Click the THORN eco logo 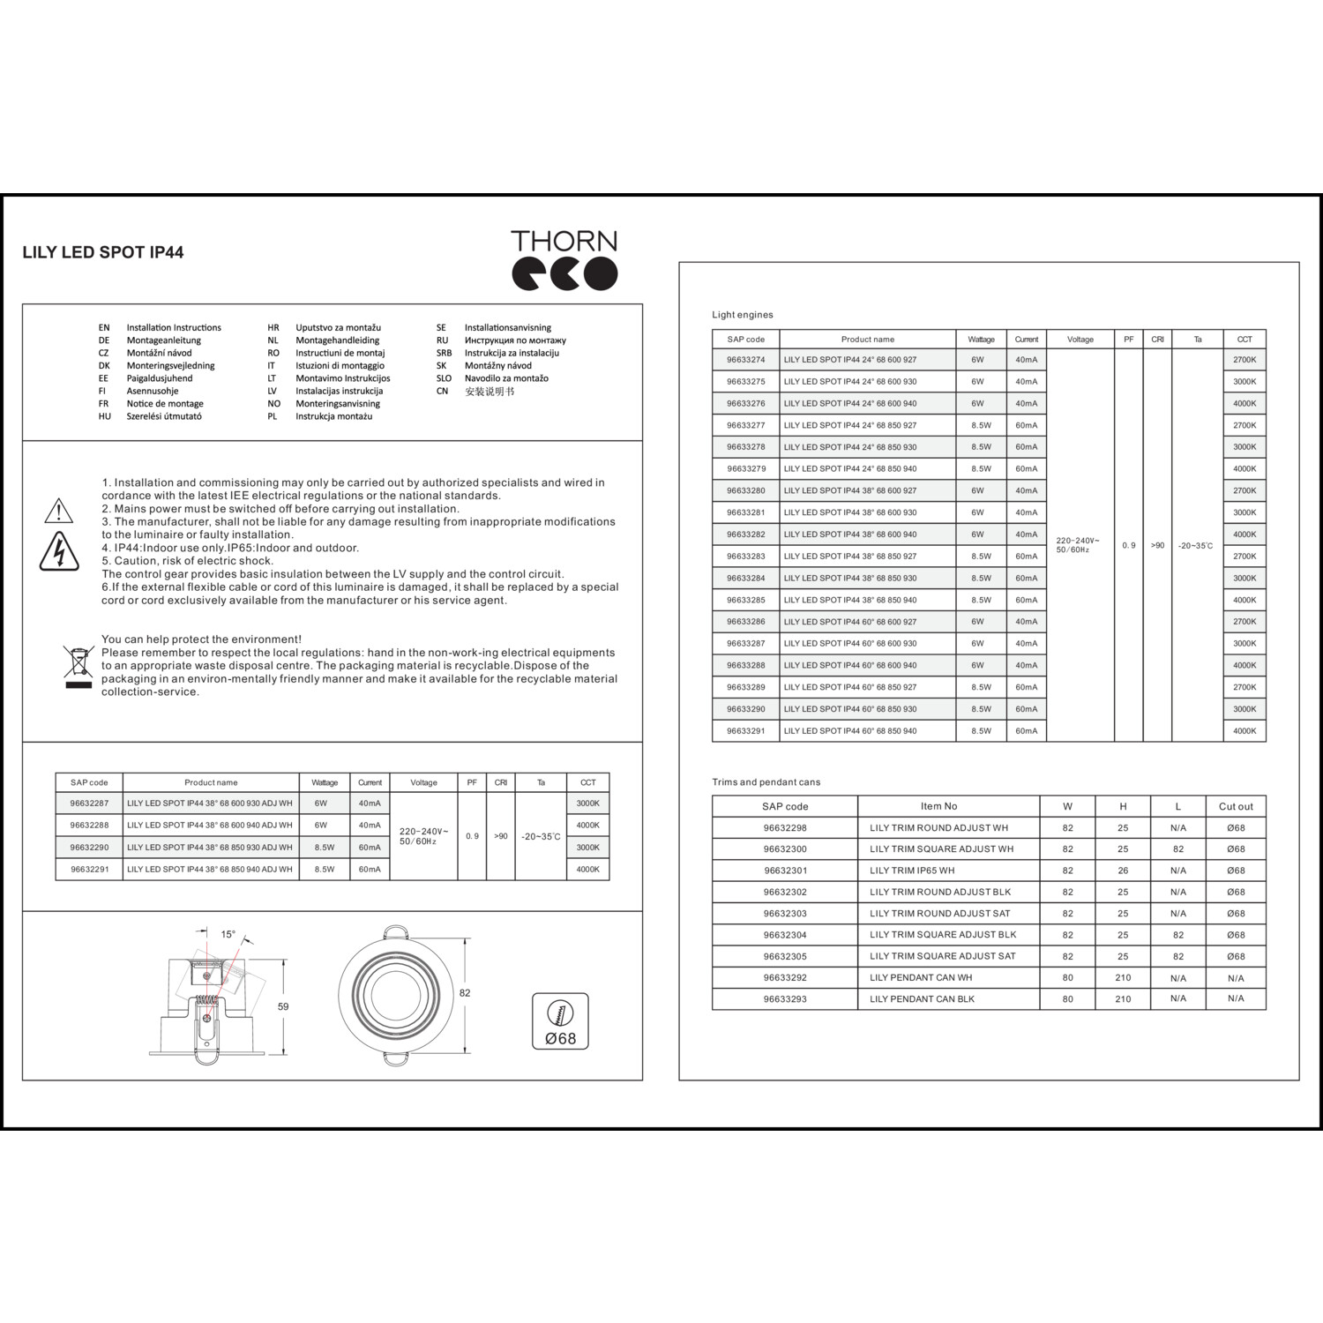pos(564,260)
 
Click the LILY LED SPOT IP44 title pos(103,252)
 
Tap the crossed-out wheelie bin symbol pos(78,666)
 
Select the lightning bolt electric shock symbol pos(59,551)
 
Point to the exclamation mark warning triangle pos(58,511)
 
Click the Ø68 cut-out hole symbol pos(560,1022)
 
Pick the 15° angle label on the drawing pos(228,934)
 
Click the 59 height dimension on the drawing pos(283,1006)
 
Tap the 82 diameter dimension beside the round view pos(465,993)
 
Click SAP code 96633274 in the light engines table pos(746,360)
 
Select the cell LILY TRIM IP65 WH pos(912,871)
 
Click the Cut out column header pos(1236,806)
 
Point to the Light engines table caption pos(743,315)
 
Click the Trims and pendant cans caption pos(766,782)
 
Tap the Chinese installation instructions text pos(490,392)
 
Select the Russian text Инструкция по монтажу pos(515,340)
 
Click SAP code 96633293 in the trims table pos(785,999)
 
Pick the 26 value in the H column pos(1123,871)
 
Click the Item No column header pos(938,806)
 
